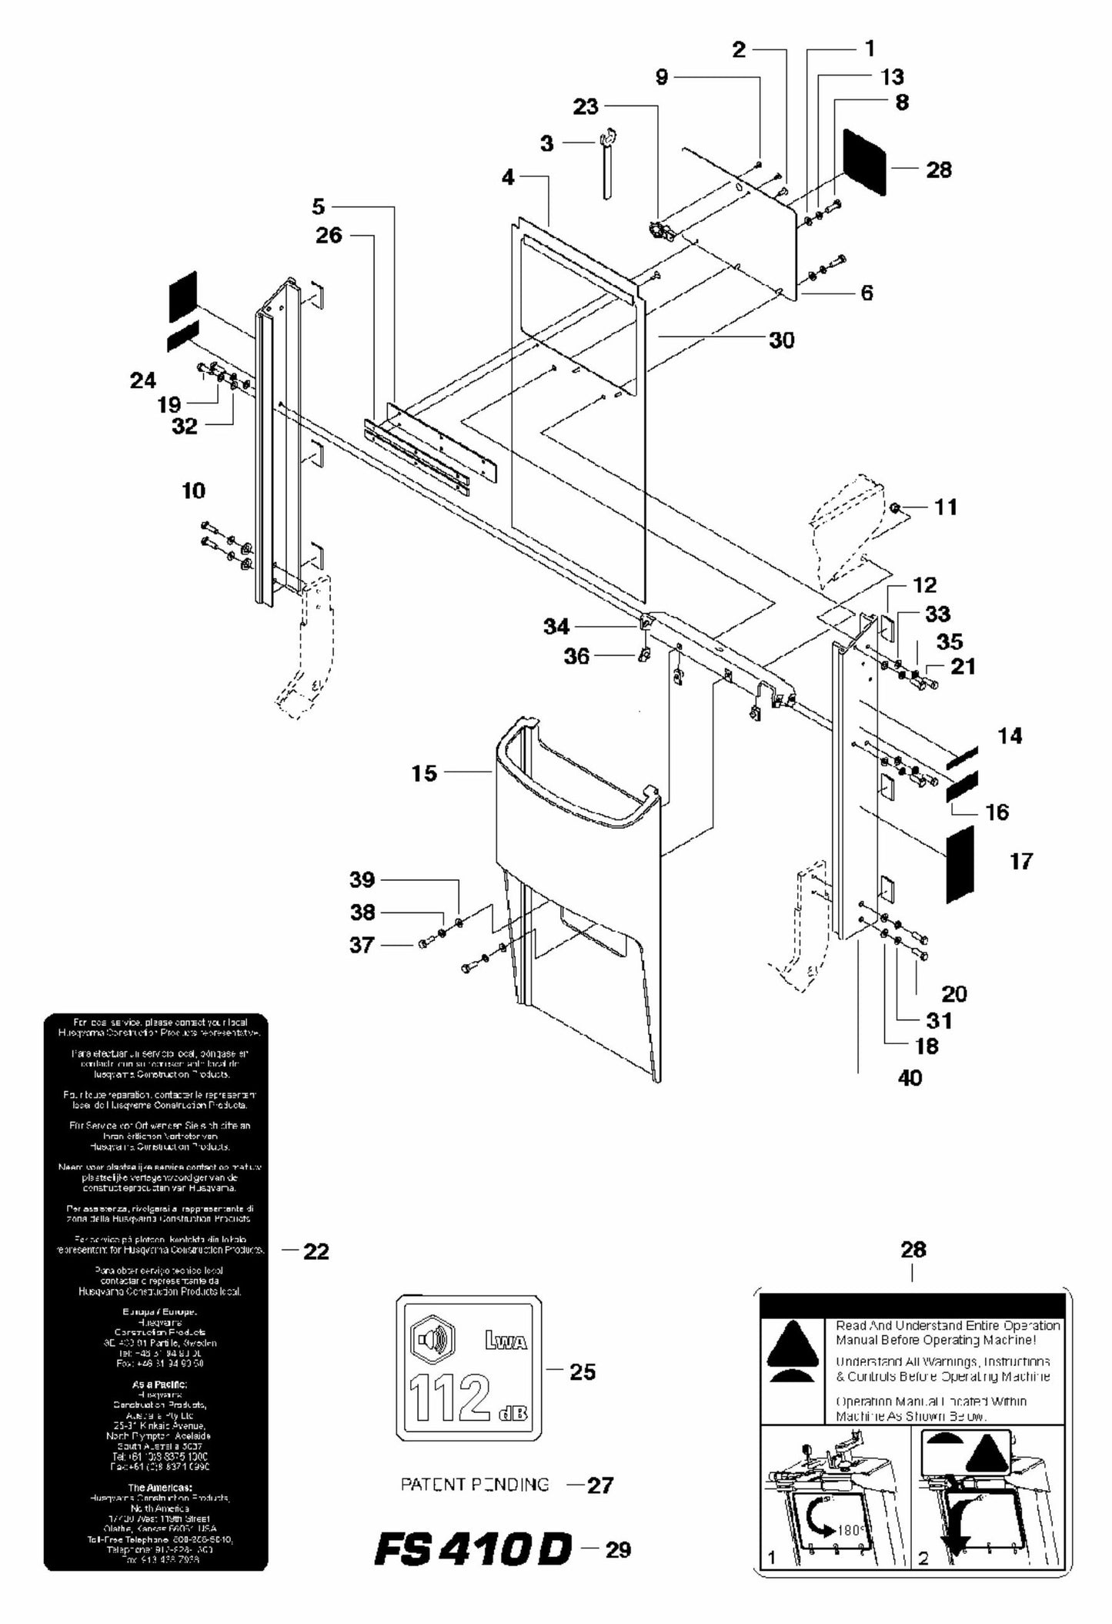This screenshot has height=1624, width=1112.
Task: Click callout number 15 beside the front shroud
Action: (424, 773)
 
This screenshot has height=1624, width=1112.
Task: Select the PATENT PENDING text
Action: (475, 1484)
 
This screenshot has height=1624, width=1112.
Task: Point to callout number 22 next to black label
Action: (316, 1251)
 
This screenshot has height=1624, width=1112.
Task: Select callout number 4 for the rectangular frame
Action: (508, 177)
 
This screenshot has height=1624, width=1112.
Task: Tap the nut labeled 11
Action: (896, 507)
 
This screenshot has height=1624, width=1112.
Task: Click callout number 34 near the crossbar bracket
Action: (556, 627)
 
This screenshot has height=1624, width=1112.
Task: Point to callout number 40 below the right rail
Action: (910, 1077)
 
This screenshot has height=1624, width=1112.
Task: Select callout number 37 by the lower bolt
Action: (362, 945)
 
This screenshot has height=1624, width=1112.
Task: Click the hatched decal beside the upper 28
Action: (865, 161)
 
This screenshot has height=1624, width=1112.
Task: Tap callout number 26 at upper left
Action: (329, 235)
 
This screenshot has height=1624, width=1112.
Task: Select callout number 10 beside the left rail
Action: (193, 491)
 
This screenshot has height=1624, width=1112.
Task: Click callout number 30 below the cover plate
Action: (781, 340)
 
